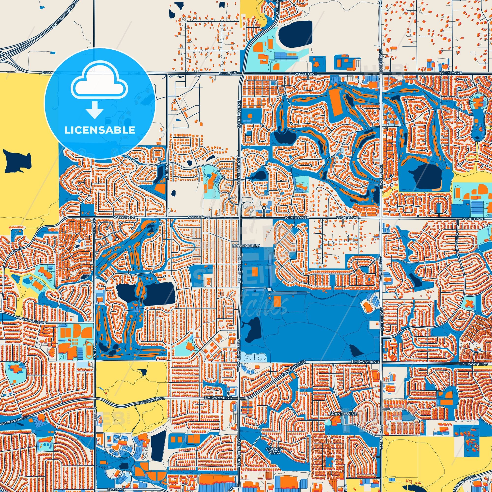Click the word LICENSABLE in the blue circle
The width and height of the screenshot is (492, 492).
pos(100,130)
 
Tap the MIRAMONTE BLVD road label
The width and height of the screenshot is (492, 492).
pos(31,320)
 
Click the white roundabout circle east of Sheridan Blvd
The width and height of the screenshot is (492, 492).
pos(269,290)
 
